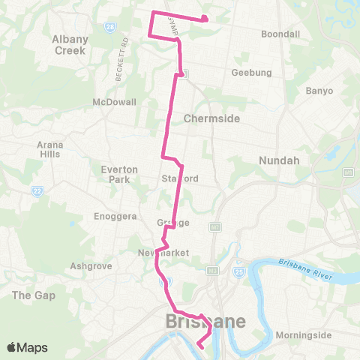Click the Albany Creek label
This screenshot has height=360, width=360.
(70, 44)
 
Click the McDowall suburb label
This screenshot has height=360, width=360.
(114, 101)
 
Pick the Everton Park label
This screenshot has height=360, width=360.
(119, 174)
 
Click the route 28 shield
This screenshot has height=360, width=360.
(110, 26)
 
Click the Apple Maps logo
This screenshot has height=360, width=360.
(27, 347)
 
